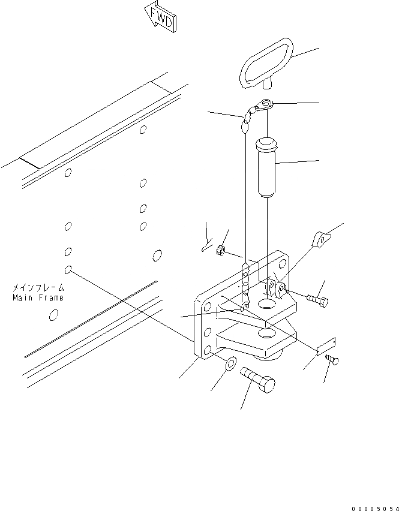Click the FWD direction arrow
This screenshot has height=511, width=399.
click(160, 16)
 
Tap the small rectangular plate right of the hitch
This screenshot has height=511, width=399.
click(326, 346)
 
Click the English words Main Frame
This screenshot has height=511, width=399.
click(38, 297)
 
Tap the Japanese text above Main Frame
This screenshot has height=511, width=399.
click(38, 288)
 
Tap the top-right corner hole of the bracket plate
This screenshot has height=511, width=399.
click(282, 263)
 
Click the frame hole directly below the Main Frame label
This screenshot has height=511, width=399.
click(53, 314)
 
